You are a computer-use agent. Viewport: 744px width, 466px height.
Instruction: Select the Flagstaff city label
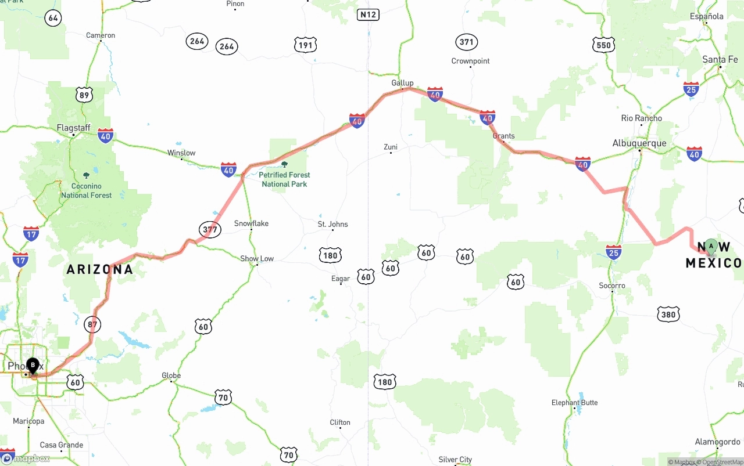(x=73, y=128)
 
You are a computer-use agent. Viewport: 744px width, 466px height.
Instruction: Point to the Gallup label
(x=402, y=83)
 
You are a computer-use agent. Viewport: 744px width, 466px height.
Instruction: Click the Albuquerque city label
(x=639, y=143)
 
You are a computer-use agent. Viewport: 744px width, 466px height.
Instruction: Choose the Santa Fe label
(x=720, y=59)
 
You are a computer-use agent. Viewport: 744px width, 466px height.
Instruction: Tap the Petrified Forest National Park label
(x=284, y=179)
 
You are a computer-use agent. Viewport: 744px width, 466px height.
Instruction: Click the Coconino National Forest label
(x=87, y=191)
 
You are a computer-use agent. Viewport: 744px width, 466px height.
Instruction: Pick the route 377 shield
(x=210, y=229)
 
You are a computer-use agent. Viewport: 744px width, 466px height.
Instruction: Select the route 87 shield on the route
(x=92, y=324)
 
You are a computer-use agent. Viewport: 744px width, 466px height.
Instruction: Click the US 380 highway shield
(x=668, y=315)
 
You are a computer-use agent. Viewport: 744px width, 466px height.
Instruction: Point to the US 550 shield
(x=604, y=45)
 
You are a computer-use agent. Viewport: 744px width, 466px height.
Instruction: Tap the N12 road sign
(x=368, y=15)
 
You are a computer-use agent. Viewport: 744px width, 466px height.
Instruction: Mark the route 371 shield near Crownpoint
(x=466, y=42)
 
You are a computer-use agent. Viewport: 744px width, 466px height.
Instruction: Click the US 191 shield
(x=305, y=45)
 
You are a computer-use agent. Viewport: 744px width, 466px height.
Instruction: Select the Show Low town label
(x=257, y=259)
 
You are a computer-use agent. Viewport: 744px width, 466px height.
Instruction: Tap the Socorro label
(x=612, y=286)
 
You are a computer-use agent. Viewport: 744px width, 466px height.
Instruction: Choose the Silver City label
(x=456, y=460)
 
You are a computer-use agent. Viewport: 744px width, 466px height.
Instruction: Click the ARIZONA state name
(x=99, y=269)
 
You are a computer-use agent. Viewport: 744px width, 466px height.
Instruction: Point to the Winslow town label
(x=181, y=153)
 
